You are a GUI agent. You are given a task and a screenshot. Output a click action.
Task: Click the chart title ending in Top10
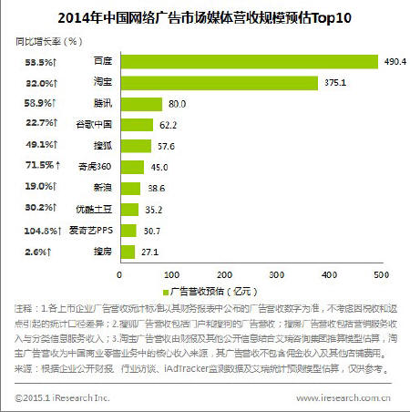pyautogui.click(x=205, y=16)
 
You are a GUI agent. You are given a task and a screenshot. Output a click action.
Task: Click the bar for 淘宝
pyautogui.click(x=220, y=82)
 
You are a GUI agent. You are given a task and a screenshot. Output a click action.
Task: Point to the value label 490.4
pyautogui.click(x=394, y=61)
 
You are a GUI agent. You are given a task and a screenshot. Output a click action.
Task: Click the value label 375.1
pyautogui.click(x=333, y=82)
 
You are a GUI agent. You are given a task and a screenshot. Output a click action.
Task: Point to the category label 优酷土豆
pyautogui.click(x=95, y=209)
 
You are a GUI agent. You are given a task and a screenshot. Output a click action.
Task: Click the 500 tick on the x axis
pyautogui.click(x=381, y=273)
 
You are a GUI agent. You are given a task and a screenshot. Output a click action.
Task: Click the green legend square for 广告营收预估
pyautogui.click(x=166, y=293)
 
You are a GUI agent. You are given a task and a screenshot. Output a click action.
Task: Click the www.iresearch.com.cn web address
pyautogui.click(x=343, y=398)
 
